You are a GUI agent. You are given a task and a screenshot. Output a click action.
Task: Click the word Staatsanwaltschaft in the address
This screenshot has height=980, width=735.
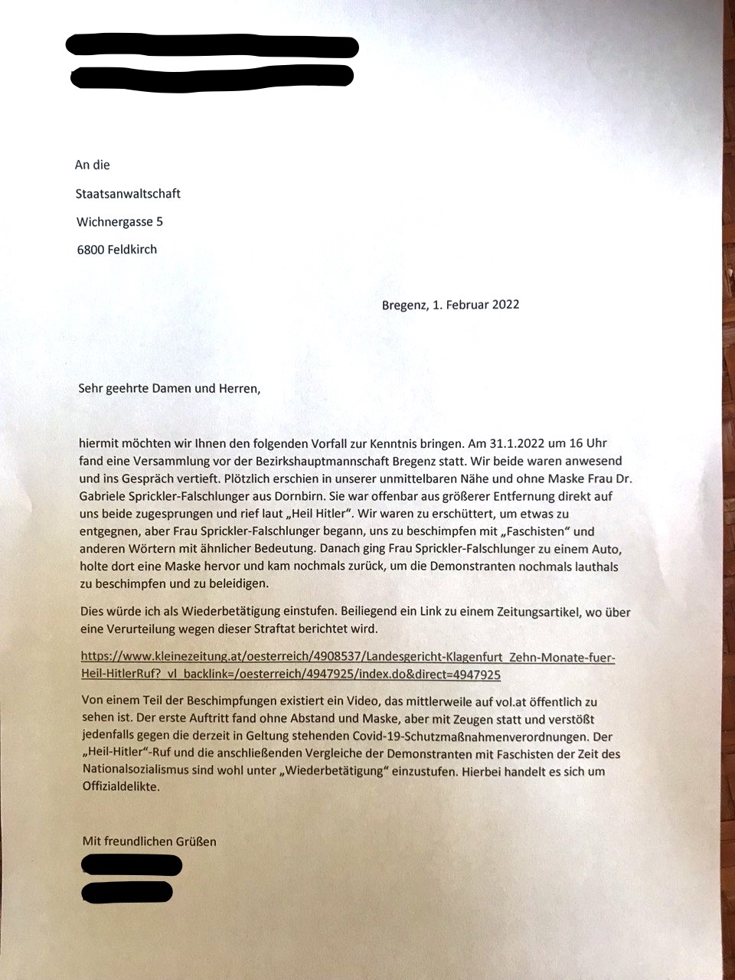(128, 194)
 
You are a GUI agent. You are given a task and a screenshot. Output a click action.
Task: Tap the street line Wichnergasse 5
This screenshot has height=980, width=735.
(119, 222)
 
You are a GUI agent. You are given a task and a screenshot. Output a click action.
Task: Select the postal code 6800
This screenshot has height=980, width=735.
(91, 249)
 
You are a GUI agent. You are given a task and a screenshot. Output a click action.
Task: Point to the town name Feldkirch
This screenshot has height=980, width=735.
(132, 249)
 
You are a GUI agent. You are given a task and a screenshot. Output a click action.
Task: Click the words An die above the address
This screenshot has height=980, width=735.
(93, 165)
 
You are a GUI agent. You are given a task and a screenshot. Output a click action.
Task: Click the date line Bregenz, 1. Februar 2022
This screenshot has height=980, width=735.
(450, 305)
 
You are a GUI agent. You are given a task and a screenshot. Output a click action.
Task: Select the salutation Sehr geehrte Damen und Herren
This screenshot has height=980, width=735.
(169, 389)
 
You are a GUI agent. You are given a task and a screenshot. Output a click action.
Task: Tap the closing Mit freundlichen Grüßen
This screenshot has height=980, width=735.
(149, 841)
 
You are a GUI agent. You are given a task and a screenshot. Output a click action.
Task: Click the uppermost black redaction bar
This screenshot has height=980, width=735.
(212, 45)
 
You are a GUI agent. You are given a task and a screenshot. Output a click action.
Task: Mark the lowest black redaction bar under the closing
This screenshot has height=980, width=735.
(127, 893)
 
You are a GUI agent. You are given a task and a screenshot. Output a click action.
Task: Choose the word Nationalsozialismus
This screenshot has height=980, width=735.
(137, 771)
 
